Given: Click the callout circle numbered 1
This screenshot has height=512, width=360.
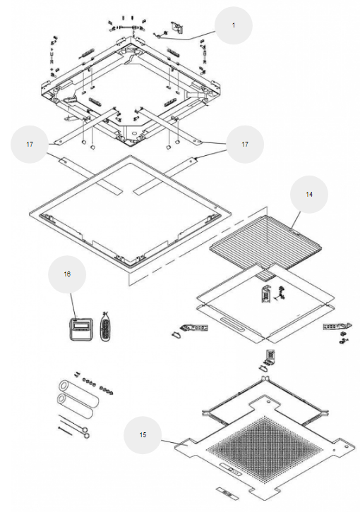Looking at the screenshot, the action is (x=233, y=25).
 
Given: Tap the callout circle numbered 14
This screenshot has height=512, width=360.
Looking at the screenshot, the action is (x=309, y=194).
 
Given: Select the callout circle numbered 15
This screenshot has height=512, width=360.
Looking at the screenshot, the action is (x=143, y=435).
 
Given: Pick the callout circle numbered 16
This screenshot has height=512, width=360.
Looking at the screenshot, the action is (x=67, y=274).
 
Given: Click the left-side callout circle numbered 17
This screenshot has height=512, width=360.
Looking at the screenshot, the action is (x=30, y=144).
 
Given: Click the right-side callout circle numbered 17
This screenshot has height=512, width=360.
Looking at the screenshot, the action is (x=245, y=144).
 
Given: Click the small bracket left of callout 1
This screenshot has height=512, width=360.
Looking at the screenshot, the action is (x=176, y=27).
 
